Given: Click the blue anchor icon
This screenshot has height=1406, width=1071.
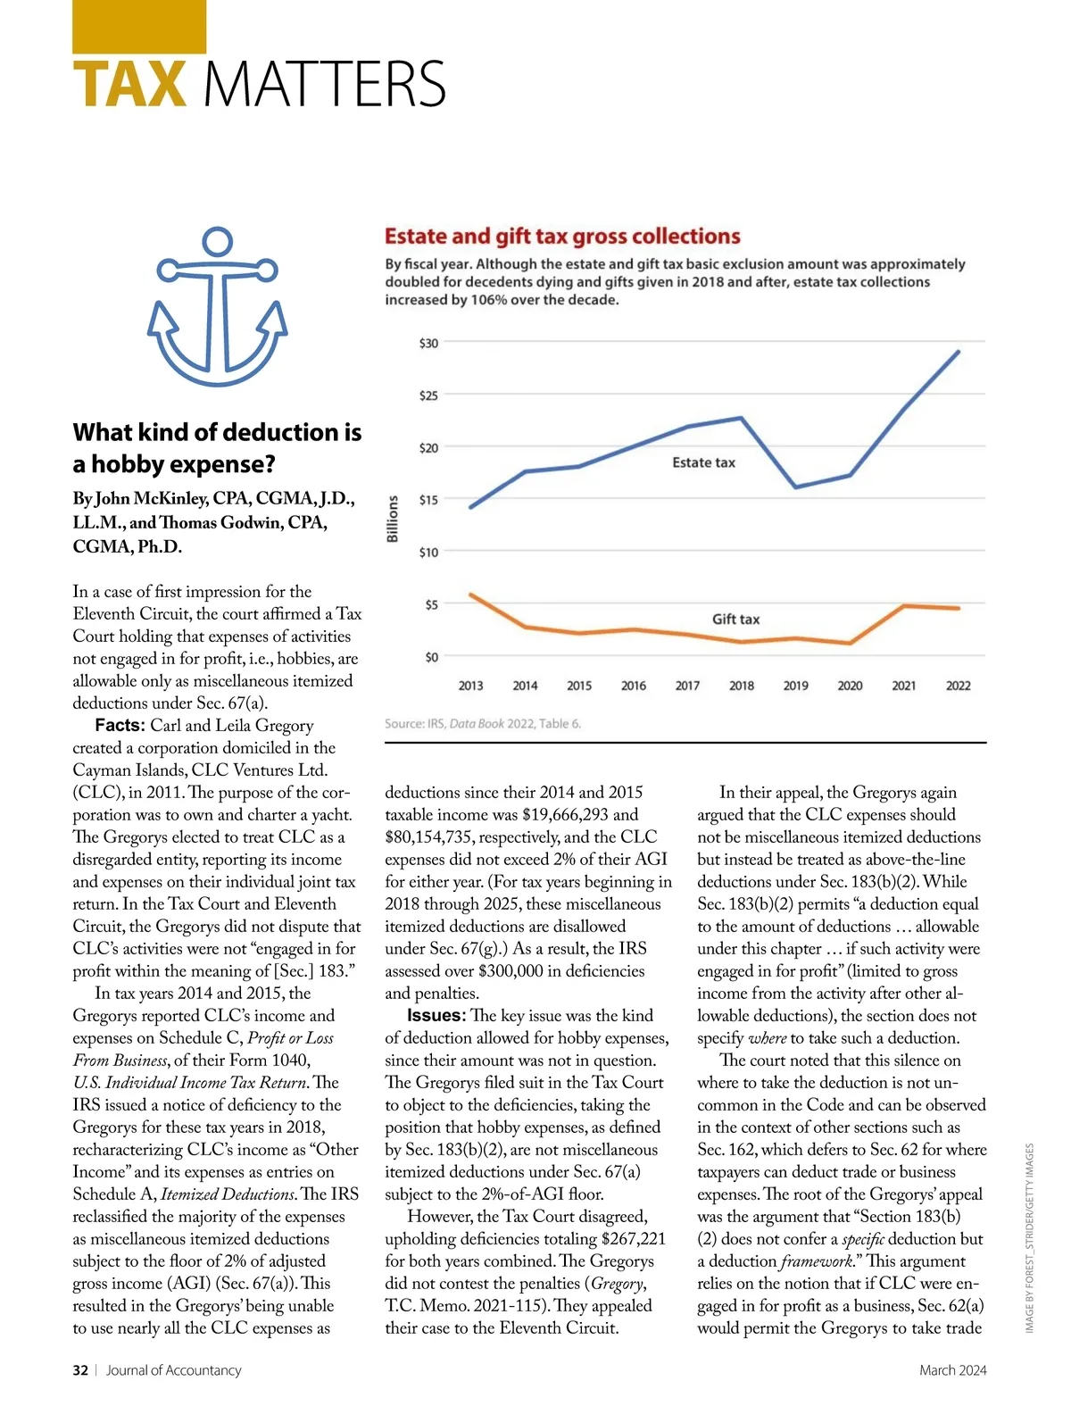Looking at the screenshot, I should click(x=217, y=308).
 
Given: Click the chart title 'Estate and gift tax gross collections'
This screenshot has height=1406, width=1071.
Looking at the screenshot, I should click(x=562, y=237).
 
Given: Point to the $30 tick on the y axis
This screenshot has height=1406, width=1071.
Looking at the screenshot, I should click(x=428, y=343).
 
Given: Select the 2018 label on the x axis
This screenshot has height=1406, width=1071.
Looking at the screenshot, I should click(x=742, y=686).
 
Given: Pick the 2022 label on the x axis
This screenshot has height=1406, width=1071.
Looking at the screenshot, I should click(x=958, y=686).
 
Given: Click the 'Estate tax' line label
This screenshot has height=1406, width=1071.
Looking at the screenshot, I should click(x=703, y=462).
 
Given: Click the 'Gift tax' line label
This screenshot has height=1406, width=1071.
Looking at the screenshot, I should click(x=735, y=619).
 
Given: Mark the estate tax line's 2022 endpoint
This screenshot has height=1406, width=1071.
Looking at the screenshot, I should click(x=959, y=352).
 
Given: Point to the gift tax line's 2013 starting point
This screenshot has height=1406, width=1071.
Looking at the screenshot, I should click(x=470, y=595).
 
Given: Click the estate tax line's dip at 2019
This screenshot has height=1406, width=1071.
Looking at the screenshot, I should click(x=795, y=487).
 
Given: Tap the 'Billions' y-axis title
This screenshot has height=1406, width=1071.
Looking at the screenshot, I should click(x=393, y=519).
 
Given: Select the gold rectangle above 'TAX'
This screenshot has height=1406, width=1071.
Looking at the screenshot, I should click(x=139, y=26).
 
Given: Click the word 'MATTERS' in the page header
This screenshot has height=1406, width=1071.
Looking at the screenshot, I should click(x=325, y=85).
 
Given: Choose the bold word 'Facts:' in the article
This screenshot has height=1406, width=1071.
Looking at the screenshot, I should click(x=120, y=725).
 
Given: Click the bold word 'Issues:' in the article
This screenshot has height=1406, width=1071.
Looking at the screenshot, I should click(x=436, y=1015).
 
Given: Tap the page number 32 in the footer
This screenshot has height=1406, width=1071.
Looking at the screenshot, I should click(x=80, y=1369).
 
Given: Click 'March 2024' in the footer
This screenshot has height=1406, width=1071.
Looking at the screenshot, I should click(x=952, y=1369).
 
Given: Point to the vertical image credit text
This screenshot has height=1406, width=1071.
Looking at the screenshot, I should click(x=1029, y=1238).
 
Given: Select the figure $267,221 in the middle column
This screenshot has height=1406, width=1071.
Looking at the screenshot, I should click(x=634, y=1238).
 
